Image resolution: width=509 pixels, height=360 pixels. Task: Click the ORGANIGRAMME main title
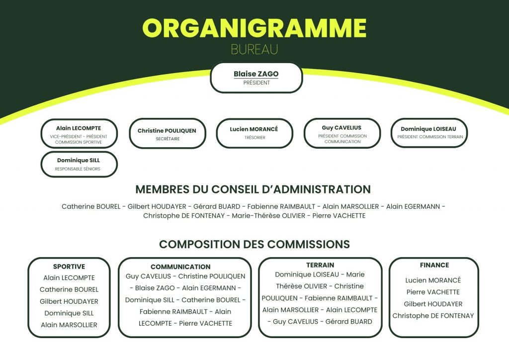(x=254, y=28)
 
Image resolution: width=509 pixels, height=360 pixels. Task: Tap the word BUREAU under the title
(x=254, y=50)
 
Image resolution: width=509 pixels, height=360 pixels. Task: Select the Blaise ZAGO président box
(x=256, y=78)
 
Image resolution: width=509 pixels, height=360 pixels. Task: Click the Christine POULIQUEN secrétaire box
(x=167, y=133)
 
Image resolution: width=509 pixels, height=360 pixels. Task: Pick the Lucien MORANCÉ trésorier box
(x=254, y=133)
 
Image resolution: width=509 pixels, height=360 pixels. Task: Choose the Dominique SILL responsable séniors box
(x=79, y=164)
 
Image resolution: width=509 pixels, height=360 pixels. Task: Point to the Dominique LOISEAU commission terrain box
(x=428, y=132)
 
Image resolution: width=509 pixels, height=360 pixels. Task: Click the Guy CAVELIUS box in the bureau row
(x=342, y=133)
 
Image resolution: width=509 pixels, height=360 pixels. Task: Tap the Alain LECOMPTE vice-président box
(x=79, y=133)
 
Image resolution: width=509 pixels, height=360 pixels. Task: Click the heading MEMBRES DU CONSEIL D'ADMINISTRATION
(x=253, y=189)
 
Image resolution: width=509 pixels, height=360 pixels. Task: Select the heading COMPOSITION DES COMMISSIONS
(x=254, y=244)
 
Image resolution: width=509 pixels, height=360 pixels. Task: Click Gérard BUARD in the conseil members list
(x=216, y=206)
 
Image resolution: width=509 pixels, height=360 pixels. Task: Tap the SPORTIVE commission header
(x=69, y=267)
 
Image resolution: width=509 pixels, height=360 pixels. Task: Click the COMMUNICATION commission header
(x=180, y=267)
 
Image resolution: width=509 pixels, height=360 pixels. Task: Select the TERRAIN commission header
(x=320, y=265)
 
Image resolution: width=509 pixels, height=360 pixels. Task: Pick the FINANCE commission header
(x=434, y=265)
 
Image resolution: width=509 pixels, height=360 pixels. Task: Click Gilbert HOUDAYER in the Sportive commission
(x=69, y=301)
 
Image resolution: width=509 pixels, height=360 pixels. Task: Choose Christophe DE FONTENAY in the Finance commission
(x=433, y=316)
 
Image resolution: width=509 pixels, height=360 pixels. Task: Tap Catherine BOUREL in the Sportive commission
(x=69, y=289)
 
